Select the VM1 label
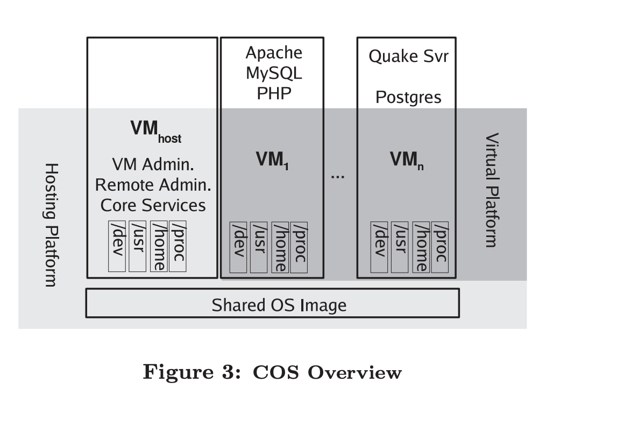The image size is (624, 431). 272,161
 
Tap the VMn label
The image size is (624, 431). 407,161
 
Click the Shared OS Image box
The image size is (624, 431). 272,303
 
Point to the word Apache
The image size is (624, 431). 274,53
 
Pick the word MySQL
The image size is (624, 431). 274,73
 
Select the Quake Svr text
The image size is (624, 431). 408,57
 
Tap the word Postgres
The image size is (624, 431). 408,98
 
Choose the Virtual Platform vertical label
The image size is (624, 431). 491,190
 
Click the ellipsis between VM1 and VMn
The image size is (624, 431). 337,176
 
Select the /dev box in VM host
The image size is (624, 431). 117,246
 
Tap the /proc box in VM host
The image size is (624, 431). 178,246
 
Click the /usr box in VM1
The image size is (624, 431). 259,247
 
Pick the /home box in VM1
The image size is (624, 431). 280,247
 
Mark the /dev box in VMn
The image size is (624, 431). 379,247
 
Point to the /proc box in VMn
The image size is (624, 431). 439,247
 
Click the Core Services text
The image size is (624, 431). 153,205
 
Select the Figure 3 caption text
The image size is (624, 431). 272,372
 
